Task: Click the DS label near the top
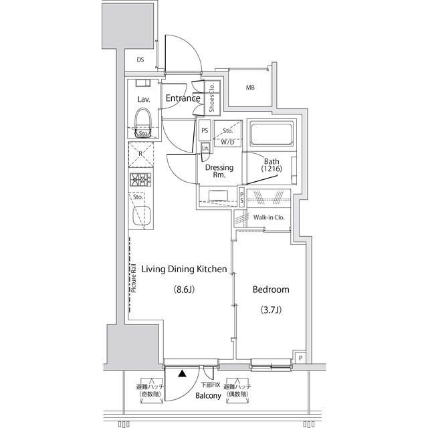pyautogui.click(x=140, y=60)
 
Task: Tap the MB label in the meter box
pyautogui.click(x=250, y=88)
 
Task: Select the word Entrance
pyautogui.click(x=183, y=99)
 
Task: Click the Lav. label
pyautogui.click(x=144, y=99)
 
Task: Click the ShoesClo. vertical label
pyautogui.click(x=211, y=96)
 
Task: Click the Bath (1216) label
pyautogui.click(x=271, y=165)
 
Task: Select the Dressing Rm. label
pyautogui.click(x=219, y=172)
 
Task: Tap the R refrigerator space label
pyautogui.click(x=140, y=153)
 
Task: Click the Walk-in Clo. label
pyautogui.click(x=270, y=217)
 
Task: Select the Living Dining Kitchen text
pyautogui.click(x=180, y=270)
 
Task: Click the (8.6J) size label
pyautogui.click(x=184, y=290)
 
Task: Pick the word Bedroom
pyautogui.click(x=270, y=290)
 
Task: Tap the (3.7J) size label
pyautogui.click(x=270, y=310)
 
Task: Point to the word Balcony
pyautogui.click(x=208, y=396)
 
